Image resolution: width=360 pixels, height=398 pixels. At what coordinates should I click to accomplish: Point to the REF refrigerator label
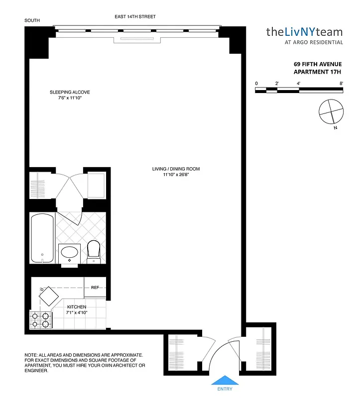(x=95, y=287)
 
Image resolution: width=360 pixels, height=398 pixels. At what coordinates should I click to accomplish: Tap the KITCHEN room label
(x=77, y=307)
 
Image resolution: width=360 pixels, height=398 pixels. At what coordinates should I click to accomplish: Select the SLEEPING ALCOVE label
(x=69, y=92)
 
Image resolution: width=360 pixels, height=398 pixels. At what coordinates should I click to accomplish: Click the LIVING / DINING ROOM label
(x=176, y=169)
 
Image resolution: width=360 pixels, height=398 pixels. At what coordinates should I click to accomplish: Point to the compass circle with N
(x=331, y=111)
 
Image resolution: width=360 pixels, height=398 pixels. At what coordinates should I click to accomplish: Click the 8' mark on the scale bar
(x=341, y=84)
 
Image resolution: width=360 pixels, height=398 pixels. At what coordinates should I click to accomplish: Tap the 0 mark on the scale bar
(x=256, y=84)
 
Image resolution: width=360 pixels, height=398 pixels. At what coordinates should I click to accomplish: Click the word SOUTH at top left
(x=32, y=20)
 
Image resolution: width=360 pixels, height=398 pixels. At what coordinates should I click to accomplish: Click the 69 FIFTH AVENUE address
(x=317, y=64)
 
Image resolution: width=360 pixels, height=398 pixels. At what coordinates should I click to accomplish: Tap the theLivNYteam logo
(x=304, y=32)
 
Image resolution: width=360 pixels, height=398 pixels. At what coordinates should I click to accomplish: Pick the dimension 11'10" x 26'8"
(x=176, y=175)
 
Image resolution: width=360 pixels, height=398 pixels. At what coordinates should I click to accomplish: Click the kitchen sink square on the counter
(x=49, y=298)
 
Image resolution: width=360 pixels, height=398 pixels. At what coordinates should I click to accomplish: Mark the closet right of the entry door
(x=260, y=348)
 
